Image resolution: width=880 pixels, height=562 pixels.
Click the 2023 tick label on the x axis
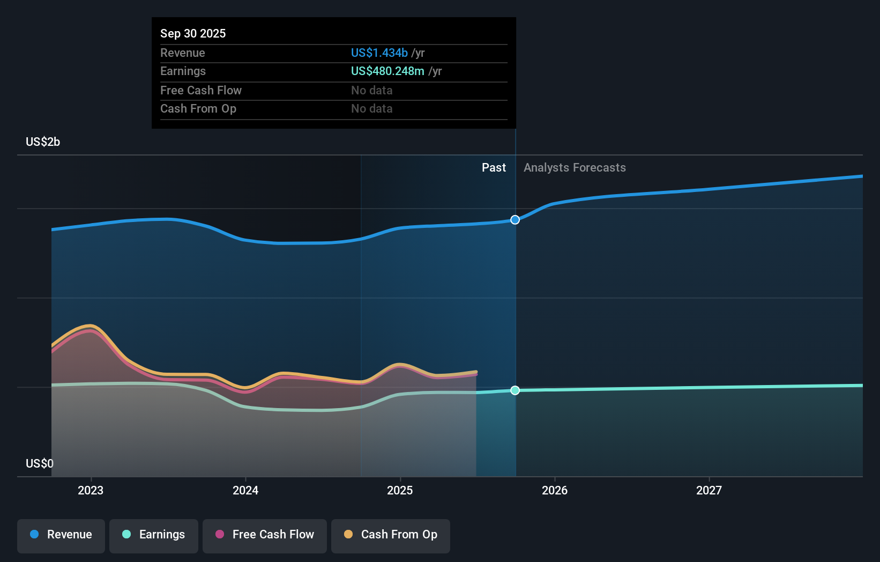(91, 491)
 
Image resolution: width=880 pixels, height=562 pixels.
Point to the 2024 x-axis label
(245, 491)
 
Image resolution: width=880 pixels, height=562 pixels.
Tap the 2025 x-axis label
(400, 491)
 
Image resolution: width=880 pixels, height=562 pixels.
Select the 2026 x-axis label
(555, 491)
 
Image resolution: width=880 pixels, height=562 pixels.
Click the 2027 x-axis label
(709, 491)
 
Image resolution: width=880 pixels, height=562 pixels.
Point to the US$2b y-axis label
(43, 142)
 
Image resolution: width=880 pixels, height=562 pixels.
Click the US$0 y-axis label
(40, 464)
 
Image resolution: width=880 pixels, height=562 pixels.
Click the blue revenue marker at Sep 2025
(515, 220)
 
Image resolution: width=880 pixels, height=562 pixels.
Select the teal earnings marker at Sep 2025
(515, 390)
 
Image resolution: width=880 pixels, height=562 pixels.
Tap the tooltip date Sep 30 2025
(193, 33)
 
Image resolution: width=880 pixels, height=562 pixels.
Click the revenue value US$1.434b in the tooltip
(379, 53)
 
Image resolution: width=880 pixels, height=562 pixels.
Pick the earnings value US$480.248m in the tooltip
(388, 71)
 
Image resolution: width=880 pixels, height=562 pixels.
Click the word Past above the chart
(494, 168)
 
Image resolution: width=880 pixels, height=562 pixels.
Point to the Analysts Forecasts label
(575, 168)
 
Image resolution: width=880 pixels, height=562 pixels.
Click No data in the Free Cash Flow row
(371, 91)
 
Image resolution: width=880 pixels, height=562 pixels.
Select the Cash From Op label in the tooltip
(198, 109)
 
